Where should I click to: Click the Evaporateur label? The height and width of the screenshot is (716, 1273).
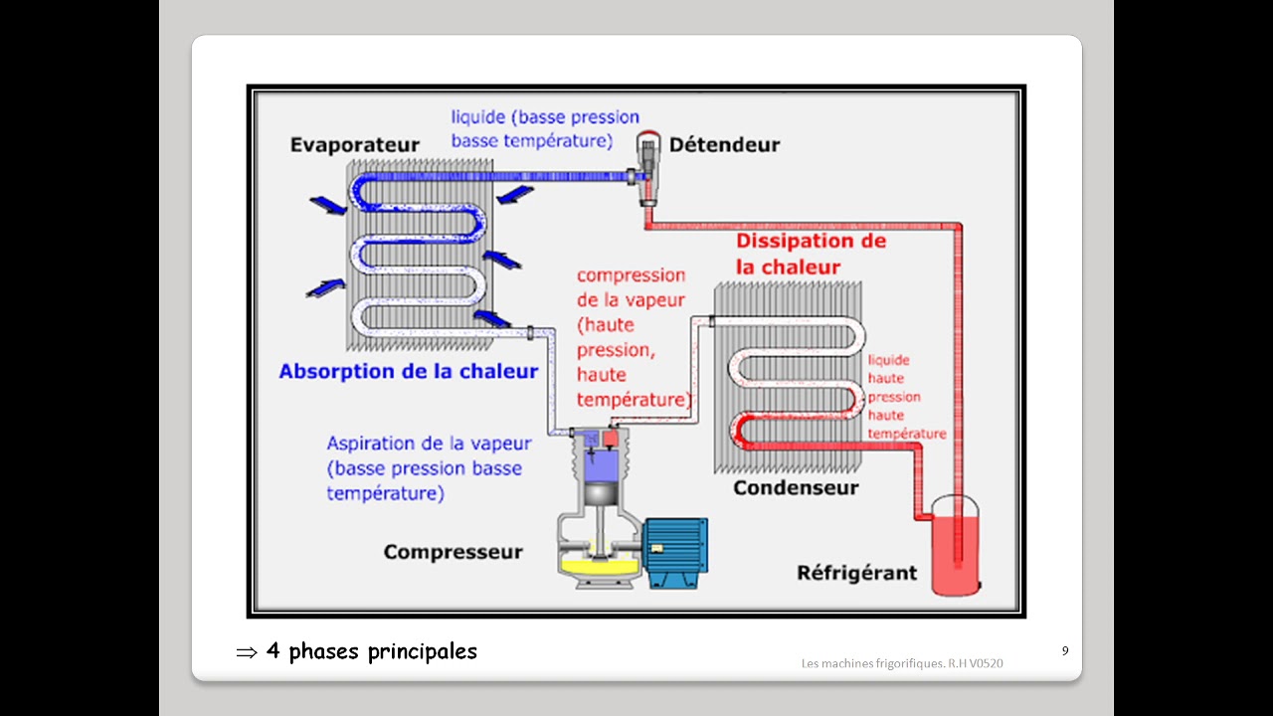coord(354,145)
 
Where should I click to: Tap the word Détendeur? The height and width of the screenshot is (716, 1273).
coord(724,145)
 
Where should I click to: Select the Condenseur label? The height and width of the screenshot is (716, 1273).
coord(796,488)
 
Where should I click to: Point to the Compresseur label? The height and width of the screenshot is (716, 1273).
coord(453,552)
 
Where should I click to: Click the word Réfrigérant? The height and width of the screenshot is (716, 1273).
coord(856,574)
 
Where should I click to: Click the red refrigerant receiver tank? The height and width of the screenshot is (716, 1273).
coord(955,552)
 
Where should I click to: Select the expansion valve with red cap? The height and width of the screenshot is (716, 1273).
coord(648,164)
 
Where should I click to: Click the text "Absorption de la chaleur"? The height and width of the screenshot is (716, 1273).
coord(408,372)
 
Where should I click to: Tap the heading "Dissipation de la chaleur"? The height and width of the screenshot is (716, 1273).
coord(811,254)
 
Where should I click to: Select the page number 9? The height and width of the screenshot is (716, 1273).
coord(1065,651)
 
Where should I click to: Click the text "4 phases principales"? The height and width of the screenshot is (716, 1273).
coord(372,652)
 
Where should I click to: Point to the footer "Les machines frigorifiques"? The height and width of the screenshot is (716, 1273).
coord(902,663)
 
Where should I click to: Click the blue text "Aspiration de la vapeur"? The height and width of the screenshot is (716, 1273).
coord(429,444)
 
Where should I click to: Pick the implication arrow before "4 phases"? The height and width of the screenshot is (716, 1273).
coord(246,653)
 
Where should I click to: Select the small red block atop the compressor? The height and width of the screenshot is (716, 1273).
coord(611,438)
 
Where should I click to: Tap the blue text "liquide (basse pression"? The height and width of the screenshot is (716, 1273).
coord(545,118)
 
